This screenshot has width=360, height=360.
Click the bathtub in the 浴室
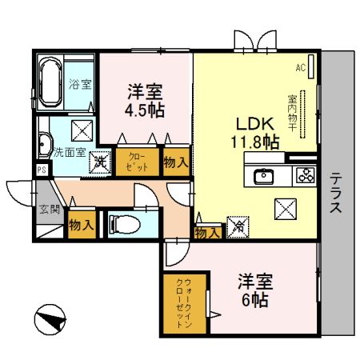[x=49, y=82]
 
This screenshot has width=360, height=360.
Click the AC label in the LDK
[x=302, y=68]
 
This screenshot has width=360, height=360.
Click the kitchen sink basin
[x=264, y=177]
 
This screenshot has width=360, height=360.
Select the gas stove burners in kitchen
[x=305, y=175]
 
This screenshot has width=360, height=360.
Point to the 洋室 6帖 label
[x=256, y=291]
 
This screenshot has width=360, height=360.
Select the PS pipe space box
[x=41, y=170]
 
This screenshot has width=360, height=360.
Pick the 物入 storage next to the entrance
[x=81, y=225]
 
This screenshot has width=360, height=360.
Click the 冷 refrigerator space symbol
[x=238, y=226]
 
